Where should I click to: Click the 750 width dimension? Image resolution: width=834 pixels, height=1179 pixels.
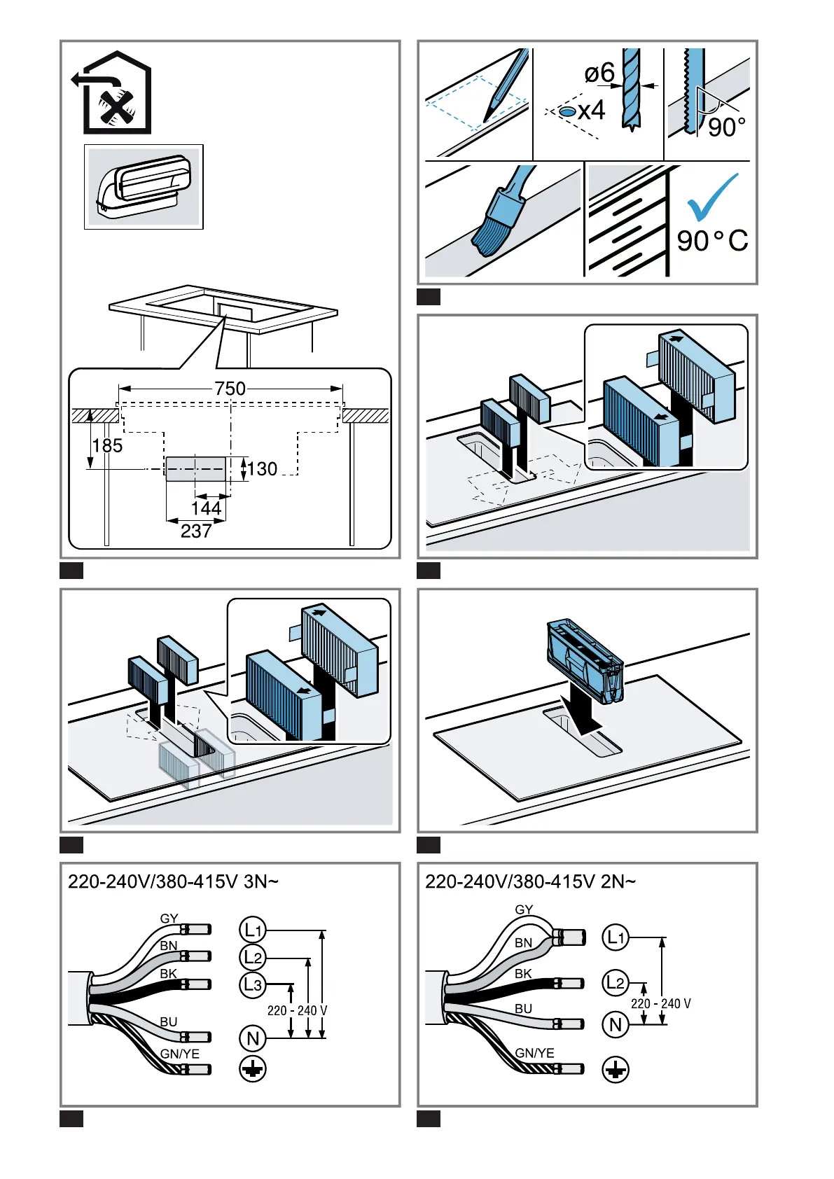[x=230, y=389]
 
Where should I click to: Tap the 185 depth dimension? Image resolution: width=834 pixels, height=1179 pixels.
[x=107, y=446]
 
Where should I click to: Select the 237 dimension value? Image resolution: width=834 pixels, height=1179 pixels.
[x=196, y=531]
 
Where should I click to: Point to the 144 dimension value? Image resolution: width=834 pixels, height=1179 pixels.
[x=206, y=508]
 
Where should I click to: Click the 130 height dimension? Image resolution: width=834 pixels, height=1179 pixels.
[x=262, y=468]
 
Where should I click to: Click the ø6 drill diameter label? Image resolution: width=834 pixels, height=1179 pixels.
[x=599, y=73]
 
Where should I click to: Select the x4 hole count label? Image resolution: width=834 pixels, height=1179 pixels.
[x=592, y=111]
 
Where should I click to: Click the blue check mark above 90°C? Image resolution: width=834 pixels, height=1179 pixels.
[x=712, y=197]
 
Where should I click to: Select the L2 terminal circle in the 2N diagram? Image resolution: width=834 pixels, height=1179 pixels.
[x=616, y=982]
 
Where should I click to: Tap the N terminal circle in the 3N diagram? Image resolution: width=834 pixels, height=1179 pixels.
[x=253, y=1038]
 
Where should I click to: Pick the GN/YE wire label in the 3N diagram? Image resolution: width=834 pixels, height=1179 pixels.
[x=179, y=1054]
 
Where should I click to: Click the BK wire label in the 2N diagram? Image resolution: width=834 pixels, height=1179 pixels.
[x=523, y=974]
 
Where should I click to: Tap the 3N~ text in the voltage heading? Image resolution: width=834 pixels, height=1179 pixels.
[x=261, y=881]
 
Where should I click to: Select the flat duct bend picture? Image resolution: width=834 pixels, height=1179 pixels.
[x=144, y=187]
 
